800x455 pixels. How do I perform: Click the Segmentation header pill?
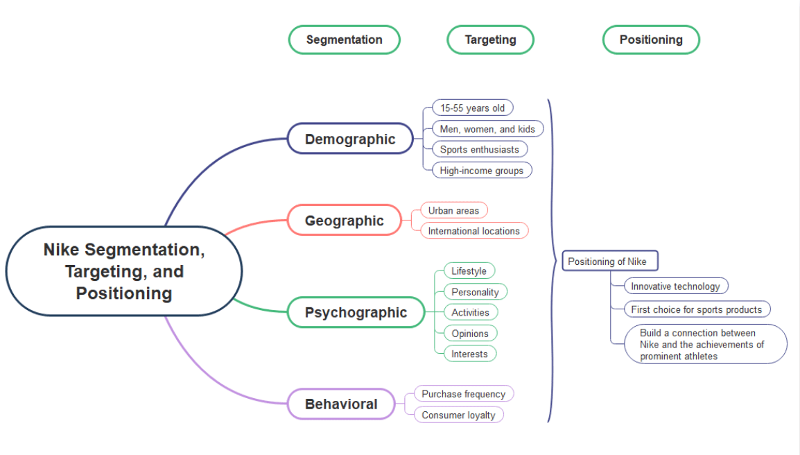[345, 40]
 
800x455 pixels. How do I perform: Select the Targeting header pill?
[490, 40]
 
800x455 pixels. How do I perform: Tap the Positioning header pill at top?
[651, 40]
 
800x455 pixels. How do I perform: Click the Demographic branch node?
[350, 139]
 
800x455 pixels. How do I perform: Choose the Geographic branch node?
[345, 221]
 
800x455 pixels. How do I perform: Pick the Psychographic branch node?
[356, 312]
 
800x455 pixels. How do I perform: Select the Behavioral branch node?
[341, 404]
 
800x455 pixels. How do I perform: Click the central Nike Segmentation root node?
[124, 271]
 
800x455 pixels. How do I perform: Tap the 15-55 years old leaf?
[472, 108]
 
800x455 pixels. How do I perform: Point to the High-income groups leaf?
[481, 171]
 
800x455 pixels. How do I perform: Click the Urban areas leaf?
[453, 211]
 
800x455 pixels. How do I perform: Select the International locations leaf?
[473, 231]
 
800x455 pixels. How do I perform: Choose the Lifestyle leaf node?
[469, 271]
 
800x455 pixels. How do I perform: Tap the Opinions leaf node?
[470, 334]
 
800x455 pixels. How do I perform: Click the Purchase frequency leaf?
[463, 394]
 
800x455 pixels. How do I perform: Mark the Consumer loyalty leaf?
[458, 415]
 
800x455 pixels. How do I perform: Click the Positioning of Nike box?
[609, 261]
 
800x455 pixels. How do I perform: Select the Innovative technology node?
[675, 286]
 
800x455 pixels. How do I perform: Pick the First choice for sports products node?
[696, 309]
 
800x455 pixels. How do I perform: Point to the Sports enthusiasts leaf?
[479, 149]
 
